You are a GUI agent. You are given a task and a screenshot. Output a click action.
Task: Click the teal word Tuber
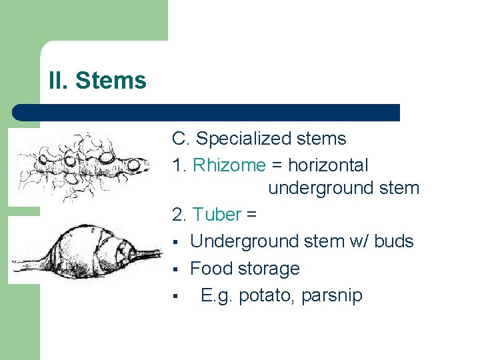coord(216,215)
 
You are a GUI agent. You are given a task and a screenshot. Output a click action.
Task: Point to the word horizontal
coord(327,165)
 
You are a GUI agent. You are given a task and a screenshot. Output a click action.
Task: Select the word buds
coord(394,241)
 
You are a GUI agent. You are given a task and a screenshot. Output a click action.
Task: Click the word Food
coord(210,269)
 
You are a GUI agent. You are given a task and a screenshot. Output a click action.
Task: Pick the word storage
coord(267,269)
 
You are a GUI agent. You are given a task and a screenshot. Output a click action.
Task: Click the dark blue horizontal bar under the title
coord(207,113)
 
